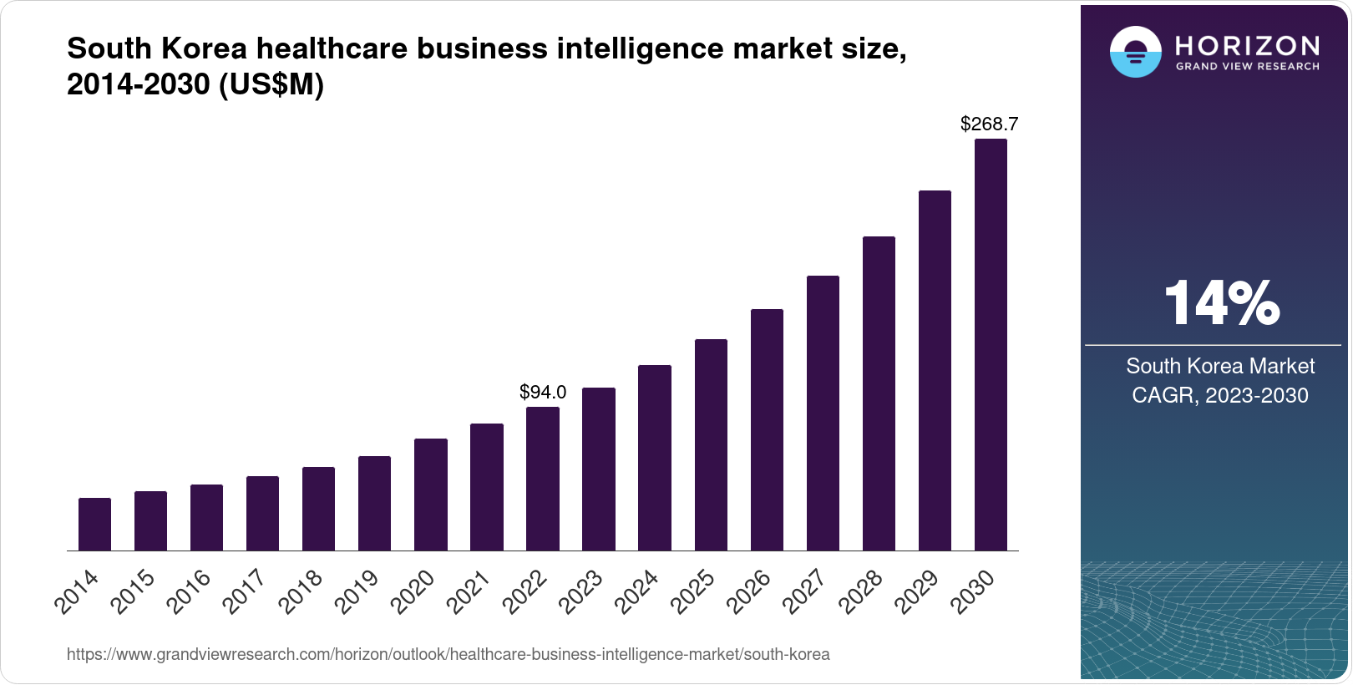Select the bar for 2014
(94, 525)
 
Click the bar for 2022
(543, 479)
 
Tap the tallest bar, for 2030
(991, 345)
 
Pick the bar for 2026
(767, 430)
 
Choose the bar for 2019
(374, 504)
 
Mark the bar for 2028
(879, 393)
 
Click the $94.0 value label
(543, 392)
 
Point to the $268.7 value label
(989, 124)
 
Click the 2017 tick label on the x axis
(245, 591)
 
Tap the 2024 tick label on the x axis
(636, 591)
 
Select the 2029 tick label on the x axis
(917, 591)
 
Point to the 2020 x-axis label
(413, 591)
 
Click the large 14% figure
(1221, 302)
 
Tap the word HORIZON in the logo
(1248, 45)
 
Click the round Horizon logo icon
(1135, 52)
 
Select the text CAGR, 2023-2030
(1219, 395)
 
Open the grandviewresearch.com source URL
(448, 654)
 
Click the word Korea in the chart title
(204, 48)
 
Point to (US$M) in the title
(271, 85)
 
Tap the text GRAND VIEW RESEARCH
(1248, 66)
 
